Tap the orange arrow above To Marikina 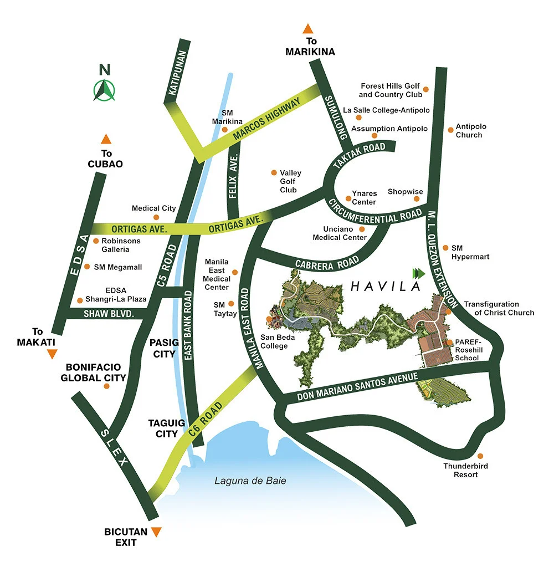tap(308, 29)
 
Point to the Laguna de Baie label tap(250, 481)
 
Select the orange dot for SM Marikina tap(225, 130)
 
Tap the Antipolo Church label tap(469, 131)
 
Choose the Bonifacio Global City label tap(96, 372)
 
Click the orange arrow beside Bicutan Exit tap(157, 532)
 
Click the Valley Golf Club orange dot tap(273, 173)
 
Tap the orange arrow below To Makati tap(52, 354)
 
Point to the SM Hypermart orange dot tap(445, 248)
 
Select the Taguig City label tap(163, 428)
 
